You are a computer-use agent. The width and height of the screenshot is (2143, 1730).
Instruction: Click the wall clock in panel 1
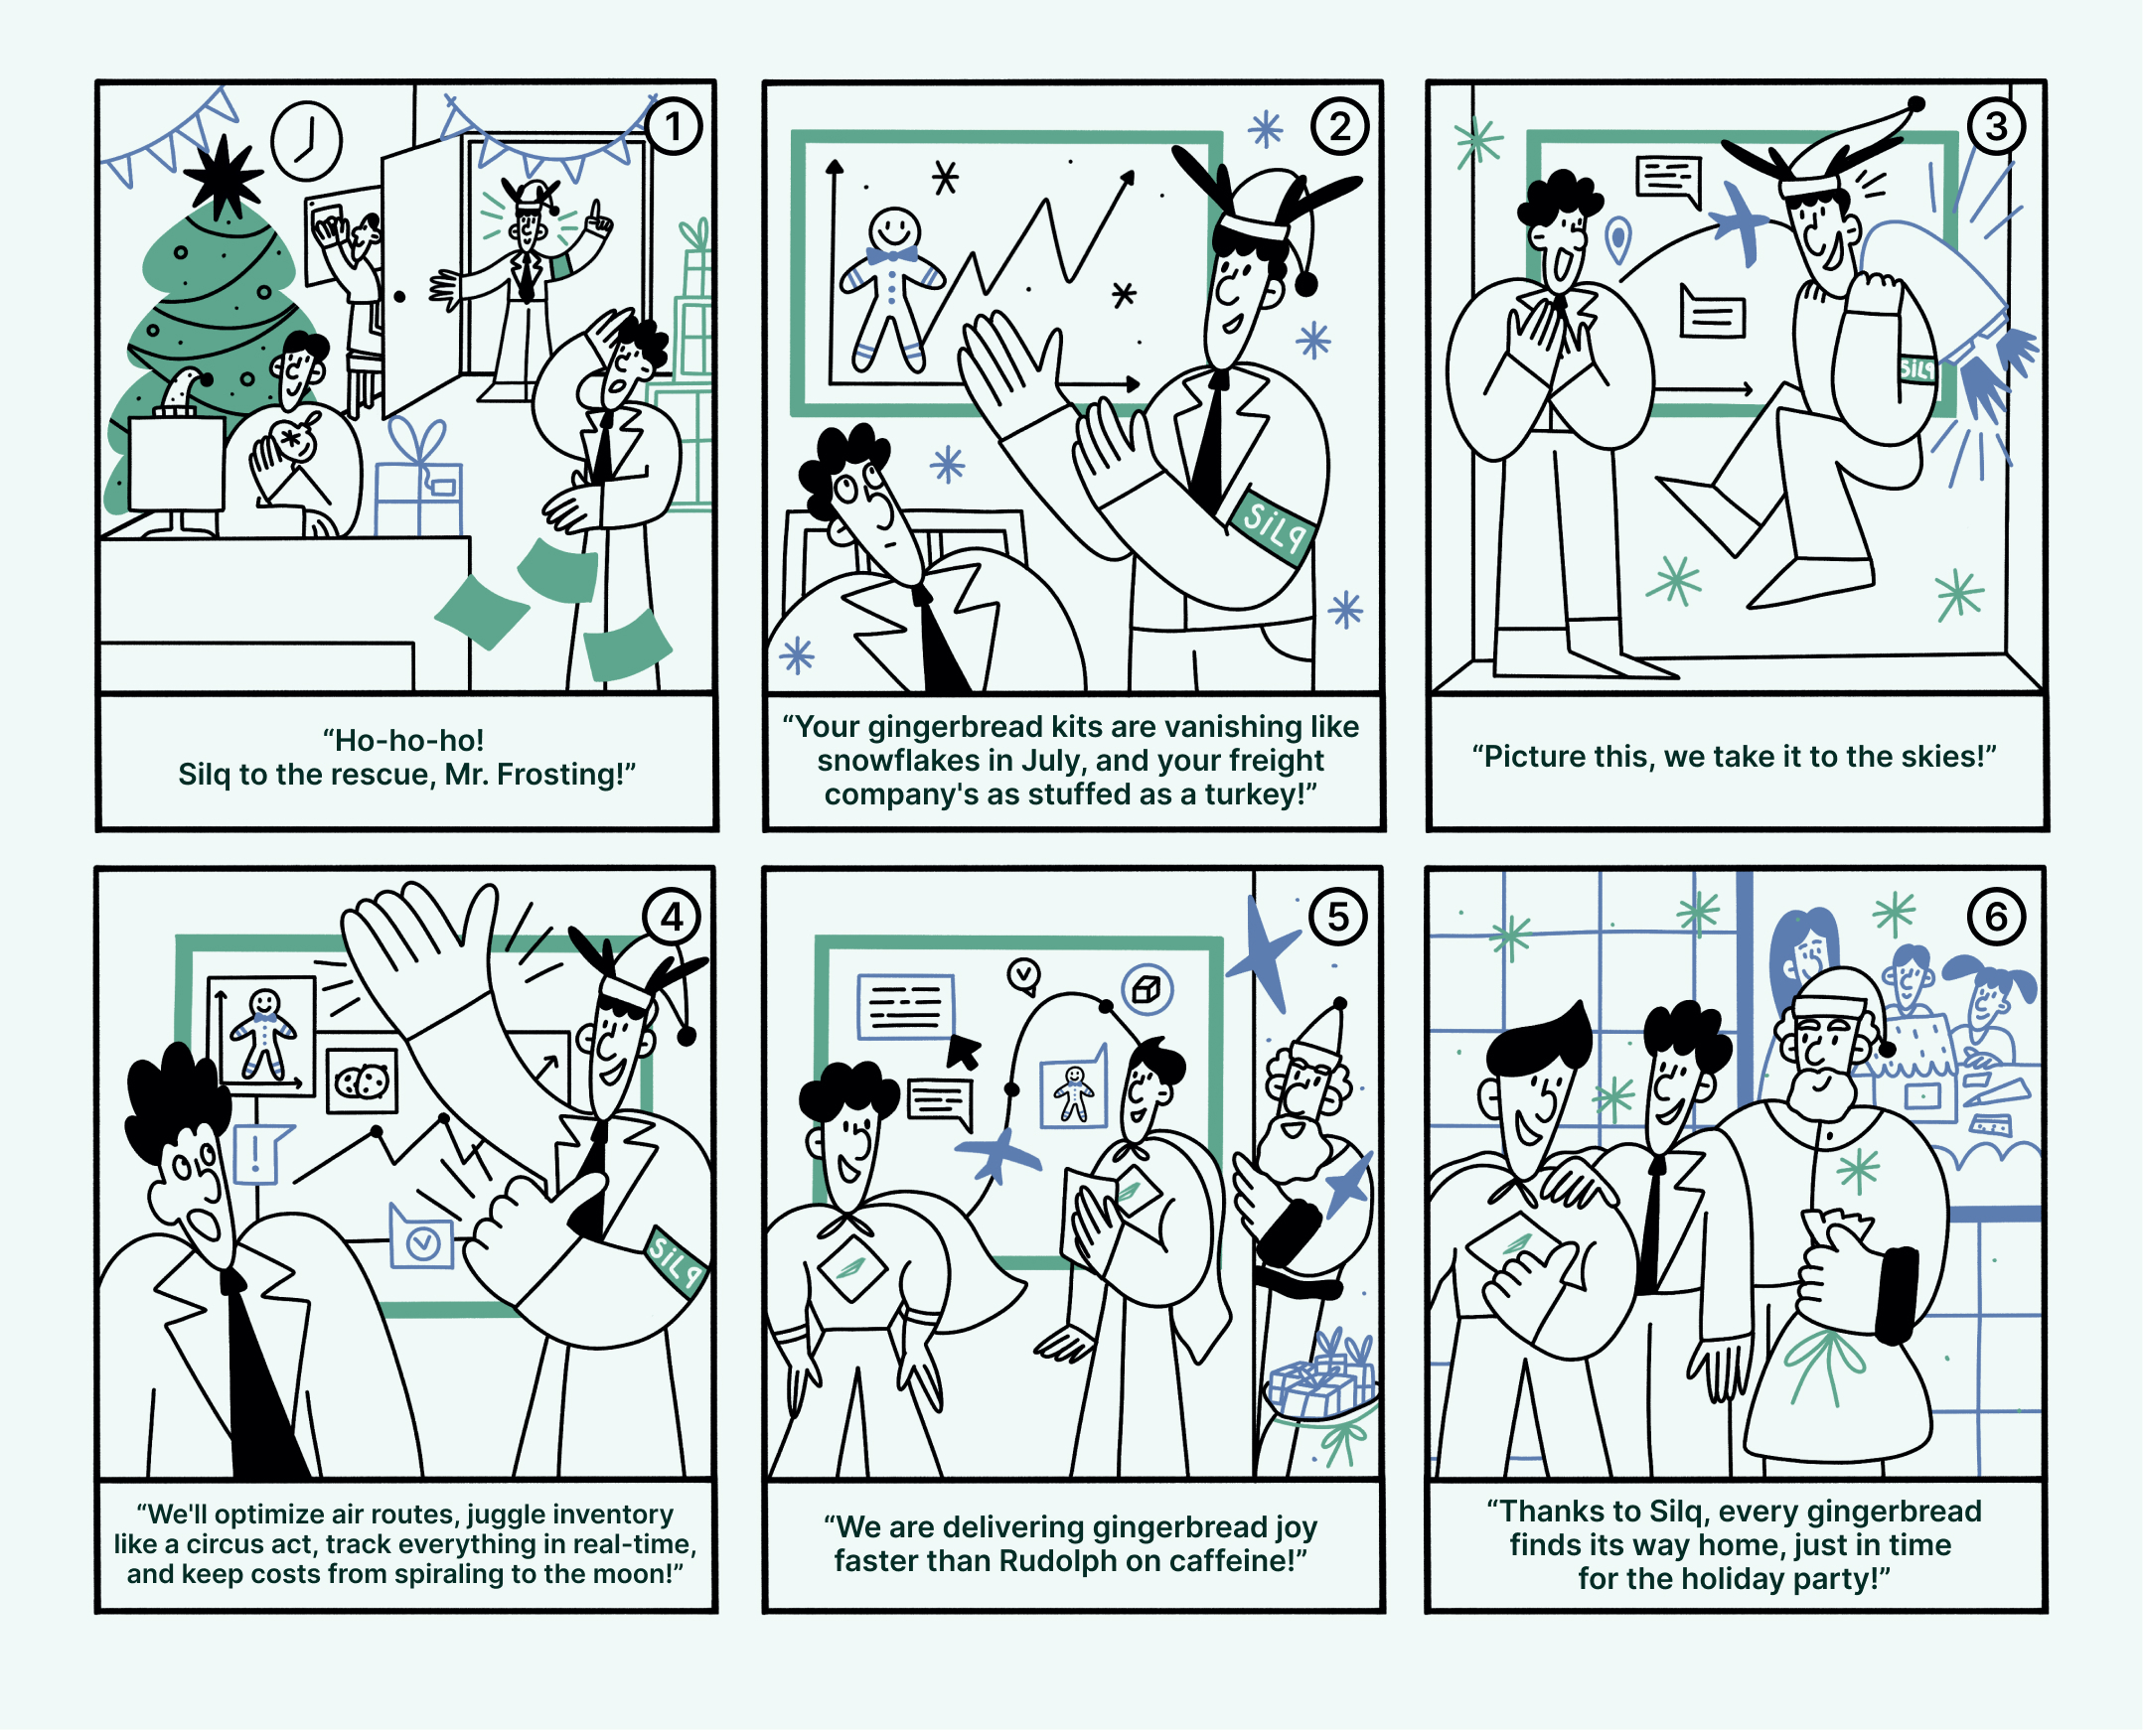[x=307, y=140]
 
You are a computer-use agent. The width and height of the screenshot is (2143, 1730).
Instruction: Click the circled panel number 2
[x=1339, y=126]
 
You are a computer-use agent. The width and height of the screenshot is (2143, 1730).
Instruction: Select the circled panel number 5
[x=1337, y=916]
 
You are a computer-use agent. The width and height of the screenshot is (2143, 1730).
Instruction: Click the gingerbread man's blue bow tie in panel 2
[x=892, y=256]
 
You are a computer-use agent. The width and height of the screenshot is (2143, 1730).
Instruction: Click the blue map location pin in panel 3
[x=1617, y=240]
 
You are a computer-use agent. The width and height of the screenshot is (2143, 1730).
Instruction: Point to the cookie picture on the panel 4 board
[x=362, y=1081]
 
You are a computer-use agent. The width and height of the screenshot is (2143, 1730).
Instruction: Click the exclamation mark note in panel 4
[x=259, y=1154]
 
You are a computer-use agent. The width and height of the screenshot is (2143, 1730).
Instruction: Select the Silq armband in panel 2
[x=1273, y=527]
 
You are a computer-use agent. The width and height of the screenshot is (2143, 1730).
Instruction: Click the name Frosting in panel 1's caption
[x=561, y=775]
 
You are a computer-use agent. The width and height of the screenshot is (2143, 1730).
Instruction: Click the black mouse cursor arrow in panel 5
[x=962, y=1051]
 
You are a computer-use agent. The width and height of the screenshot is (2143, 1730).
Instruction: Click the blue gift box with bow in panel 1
[x=418, y=480]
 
